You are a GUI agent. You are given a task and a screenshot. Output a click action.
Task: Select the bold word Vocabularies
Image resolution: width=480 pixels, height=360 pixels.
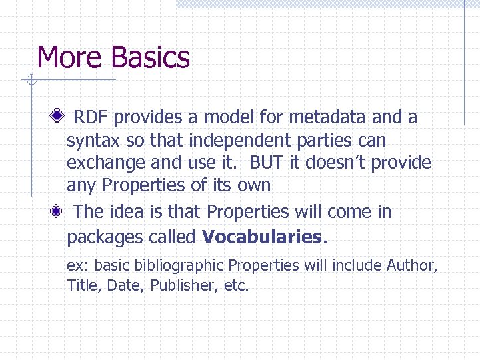point(262,237)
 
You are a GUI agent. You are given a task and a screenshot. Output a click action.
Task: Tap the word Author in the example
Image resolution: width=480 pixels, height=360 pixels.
point(411,265)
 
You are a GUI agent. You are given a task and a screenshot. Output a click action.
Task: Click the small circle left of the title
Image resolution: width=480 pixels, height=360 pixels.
point(29,81)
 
